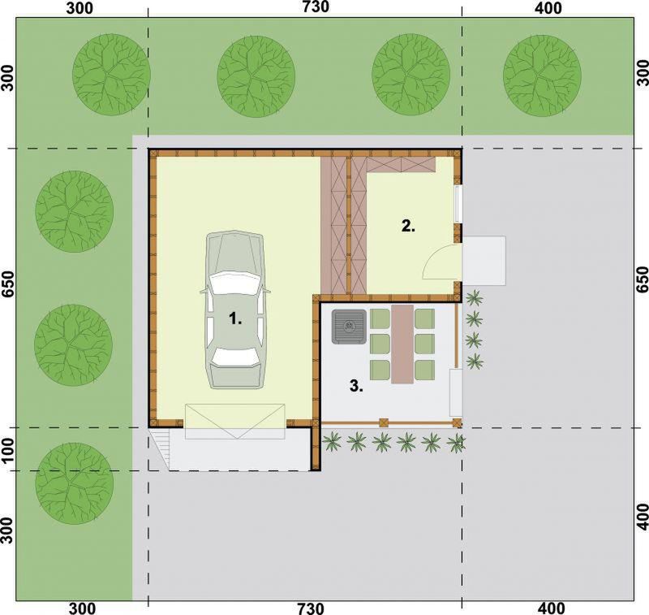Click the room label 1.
235,319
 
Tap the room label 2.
408,227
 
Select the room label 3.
356,387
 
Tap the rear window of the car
235,357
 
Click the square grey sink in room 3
349,327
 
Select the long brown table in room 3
402,344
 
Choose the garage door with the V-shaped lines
234,422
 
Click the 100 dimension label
8,448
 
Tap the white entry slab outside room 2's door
484,260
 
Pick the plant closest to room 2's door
474,298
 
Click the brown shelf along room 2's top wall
401,165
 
